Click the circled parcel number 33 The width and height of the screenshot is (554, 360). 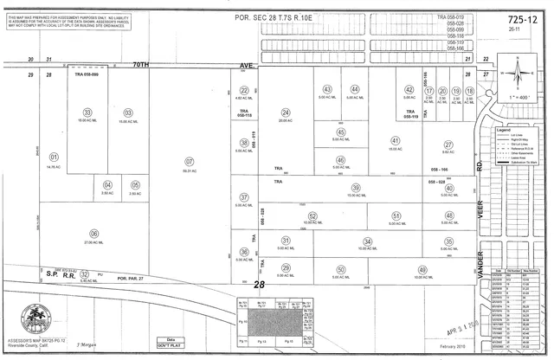pyautogui.click(x=87, y=112)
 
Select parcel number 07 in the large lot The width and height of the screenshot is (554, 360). pyautogui.click(x=190, y=160)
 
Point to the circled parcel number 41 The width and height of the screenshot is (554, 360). pyautogui.click(x=395, y=141)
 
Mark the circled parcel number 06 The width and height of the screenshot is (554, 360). pyautogui.click(x=93, y=234)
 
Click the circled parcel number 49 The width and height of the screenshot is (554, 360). pyautogui.click(x=422, y=268)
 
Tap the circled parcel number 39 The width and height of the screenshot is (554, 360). pyautogui.click(x=355, y=188)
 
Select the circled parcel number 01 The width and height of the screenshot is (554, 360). pyautogui.click(x=53, y=158)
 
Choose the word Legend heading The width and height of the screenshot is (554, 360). pyautogui.click(x=504, y=129)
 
